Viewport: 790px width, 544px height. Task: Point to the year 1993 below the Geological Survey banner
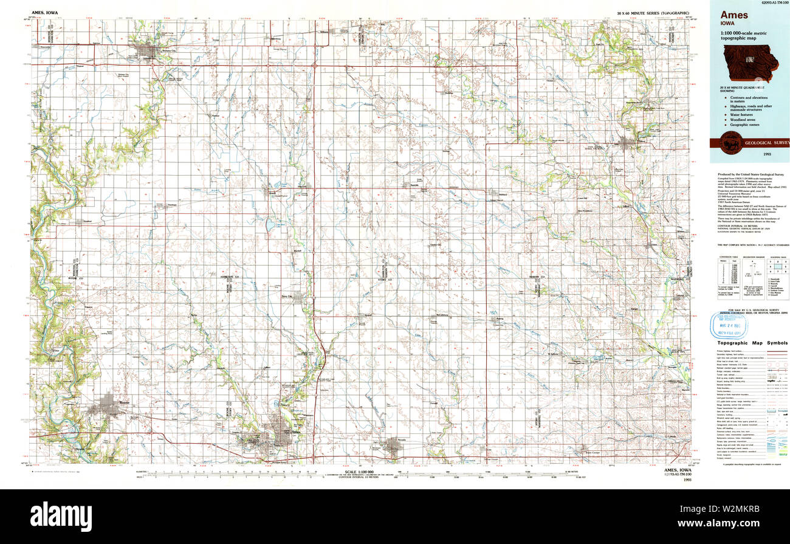coord(749,155)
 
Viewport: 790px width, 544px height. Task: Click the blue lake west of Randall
coord(270,227)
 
